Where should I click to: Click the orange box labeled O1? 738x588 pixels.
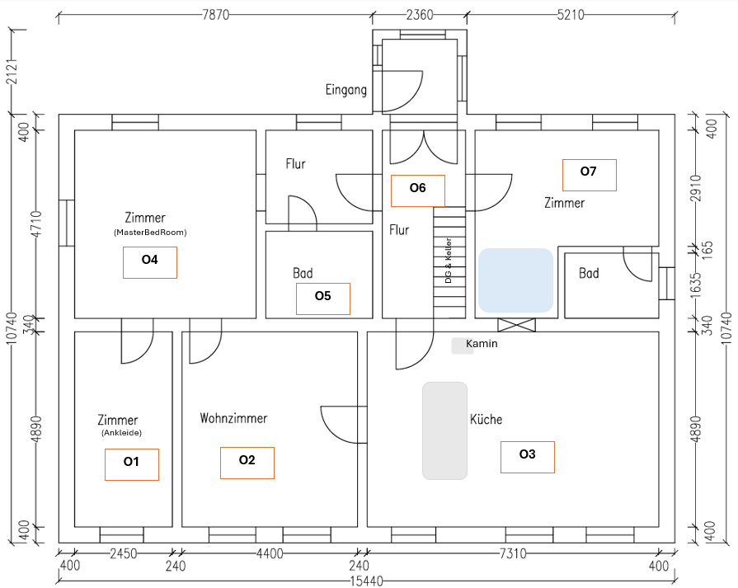tap(132, 464)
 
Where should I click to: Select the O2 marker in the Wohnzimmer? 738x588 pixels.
tap(247, 463)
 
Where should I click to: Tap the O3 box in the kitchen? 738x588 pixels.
tap(528, 457)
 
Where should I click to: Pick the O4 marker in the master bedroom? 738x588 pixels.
tap(150, 263)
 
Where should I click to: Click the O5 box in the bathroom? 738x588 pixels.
tap(323, 299)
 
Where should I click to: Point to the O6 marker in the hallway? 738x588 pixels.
tap(418, 191)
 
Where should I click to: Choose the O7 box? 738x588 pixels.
tap(590, 175)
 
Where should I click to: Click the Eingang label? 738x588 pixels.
tap(346, 90)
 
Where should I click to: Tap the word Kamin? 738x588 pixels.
tap(482, 344)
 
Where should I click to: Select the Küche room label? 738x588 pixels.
tap(486, 418)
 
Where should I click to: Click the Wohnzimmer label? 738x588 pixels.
tap(233, 418)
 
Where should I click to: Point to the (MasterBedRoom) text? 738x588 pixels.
tap(150, 233)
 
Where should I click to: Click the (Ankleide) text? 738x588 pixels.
tap(121, 433)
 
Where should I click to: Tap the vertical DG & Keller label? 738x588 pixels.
tap(448, 261)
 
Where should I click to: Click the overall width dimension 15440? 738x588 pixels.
tap(366, 581)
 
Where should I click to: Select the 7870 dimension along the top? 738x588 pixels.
tap(215, 15)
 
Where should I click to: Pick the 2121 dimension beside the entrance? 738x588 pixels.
tap(12, 72)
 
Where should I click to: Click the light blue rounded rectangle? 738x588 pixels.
tap(515, 280)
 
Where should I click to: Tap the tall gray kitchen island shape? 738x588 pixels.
tap(444, 430)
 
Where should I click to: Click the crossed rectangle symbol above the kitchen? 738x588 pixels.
tap(516, 325)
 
